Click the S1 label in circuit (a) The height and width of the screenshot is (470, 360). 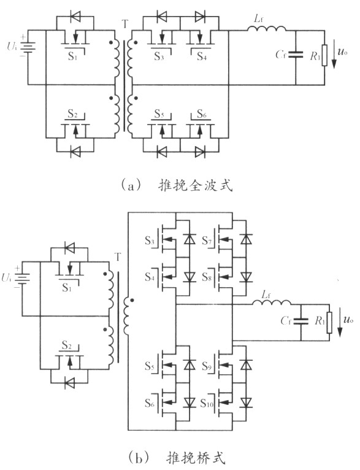click(x=72, y=56)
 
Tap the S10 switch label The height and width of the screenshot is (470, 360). click(x=207, y=404)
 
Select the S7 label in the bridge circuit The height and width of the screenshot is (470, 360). click(x=206, y=241)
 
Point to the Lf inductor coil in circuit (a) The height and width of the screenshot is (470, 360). click(x=267, y=28)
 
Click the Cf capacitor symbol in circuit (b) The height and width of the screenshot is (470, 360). click(x=301, y=322)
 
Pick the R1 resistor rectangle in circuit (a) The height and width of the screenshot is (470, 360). click(x=324, y=55)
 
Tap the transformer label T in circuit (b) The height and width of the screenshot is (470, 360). click(x=118, y=257)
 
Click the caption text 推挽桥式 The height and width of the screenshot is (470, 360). click(x=196, y=458)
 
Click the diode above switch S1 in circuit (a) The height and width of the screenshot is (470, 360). click(x=75, y=16)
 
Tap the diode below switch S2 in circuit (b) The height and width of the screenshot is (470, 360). click(x=69, y=383)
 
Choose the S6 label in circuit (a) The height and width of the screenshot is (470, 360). click(x=202, y=114)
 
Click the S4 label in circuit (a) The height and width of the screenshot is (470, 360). click(x=202, y=56)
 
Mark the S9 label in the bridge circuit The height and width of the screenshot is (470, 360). click(x=207, y=366)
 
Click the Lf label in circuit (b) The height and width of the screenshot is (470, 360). click(x=266, y=295)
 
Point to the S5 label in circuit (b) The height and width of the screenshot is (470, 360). click(x=150, y=366)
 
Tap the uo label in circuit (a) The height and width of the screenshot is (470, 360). click(x=343, y=52)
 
